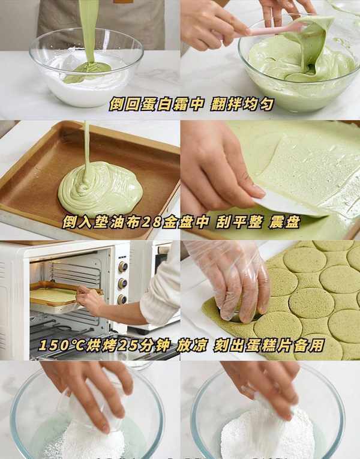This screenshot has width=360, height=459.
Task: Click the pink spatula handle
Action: tap(272, 31)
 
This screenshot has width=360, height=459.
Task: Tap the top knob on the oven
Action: tap(123, 266)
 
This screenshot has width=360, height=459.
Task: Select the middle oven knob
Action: tap(122, 283)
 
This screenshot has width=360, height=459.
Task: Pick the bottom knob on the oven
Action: tap(122, 299)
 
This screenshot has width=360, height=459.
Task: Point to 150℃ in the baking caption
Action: tap(61, 346)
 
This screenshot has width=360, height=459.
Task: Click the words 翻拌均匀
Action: tap(242, 104)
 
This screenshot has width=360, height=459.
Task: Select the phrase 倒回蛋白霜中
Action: tap(156, 104)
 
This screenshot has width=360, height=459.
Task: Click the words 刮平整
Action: tap(239, 223)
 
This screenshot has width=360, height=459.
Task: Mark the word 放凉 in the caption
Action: tap(192, 346)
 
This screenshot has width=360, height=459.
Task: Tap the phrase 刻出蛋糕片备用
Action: tap(269, 346)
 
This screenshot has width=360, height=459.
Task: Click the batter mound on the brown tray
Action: tap(100, 190)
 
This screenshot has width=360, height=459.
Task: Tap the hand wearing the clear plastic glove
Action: tap(231, 278)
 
